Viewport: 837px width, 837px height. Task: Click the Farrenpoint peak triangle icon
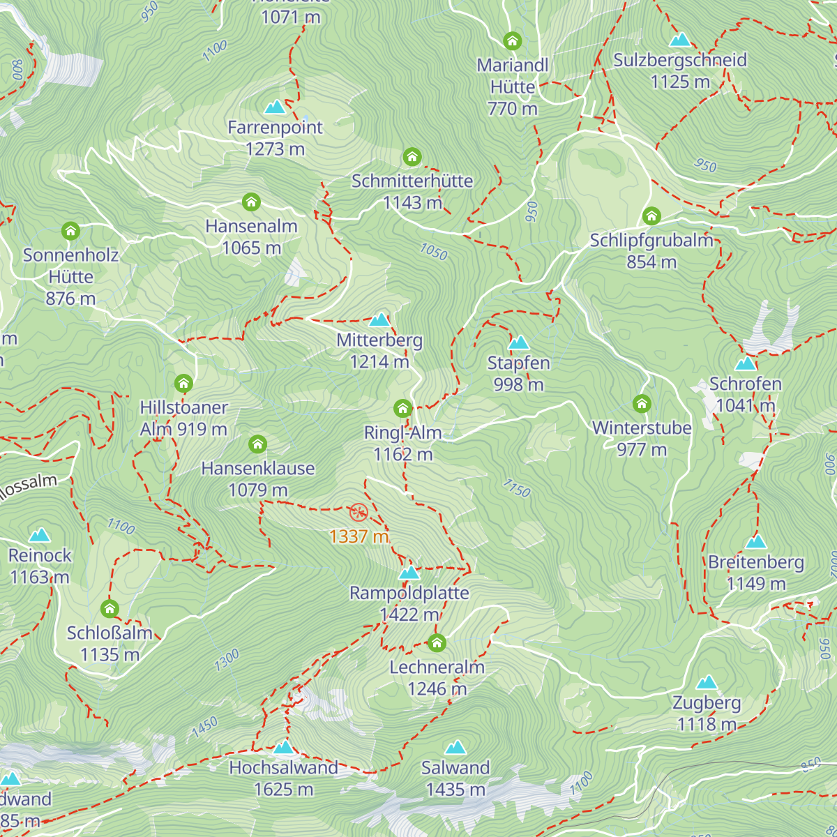click(275, 107)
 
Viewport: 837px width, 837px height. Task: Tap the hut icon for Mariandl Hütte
click(513, 40)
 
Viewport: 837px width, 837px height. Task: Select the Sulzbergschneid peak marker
click(679, 40)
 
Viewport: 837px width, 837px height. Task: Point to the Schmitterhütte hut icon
click(412, 156)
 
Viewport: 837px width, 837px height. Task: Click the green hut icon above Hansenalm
click(251, 202)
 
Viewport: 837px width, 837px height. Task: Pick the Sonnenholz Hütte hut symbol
click(70, 230)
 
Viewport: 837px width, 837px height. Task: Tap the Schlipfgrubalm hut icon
click(651, 216)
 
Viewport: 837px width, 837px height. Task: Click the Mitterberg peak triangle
click(379, 320)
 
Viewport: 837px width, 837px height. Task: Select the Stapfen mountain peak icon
click(518, 342)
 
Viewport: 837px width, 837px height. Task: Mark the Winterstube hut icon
click(642, 403)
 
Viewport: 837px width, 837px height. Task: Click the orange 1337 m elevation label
click(359, 536)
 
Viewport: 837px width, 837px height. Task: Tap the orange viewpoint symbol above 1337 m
click(359, 513)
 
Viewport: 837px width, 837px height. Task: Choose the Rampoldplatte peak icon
click(409, 573)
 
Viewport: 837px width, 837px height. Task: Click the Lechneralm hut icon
click(437, 642)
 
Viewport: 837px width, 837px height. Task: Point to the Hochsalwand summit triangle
click(284, 748)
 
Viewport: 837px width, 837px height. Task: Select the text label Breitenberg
click(756, 562)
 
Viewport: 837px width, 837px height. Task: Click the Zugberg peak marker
click(707, 682)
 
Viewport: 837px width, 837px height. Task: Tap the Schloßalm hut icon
click(110, 608)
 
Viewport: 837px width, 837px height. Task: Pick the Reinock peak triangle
click(40, 535)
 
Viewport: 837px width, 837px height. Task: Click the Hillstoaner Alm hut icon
click(183, 383)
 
